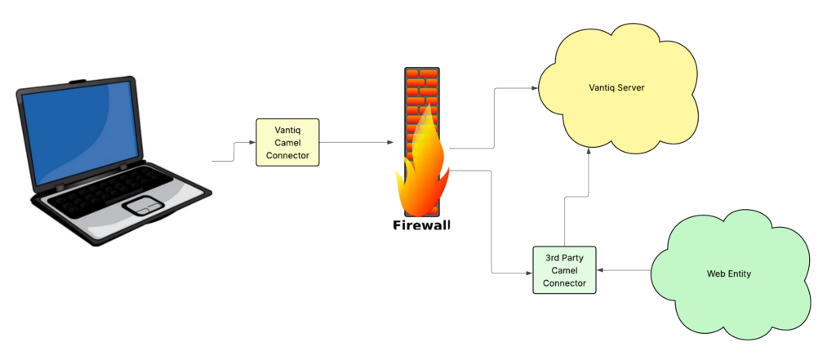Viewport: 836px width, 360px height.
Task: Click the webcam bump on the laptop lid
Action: pyautogui.click(x=77, y=82)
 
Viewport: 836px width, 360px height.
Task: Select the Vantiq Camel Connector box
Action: pyautogui.click(x=287, y=142)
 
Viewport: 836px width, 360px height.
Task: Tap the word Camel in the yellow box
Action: pyautogui.click(x=287, y=143)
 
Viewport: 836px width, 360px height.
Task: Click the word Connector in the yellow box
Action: pyautogui.click(x=287, y=155)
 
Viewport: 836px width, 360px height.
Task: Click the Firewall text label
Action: pyautogui.click(x=420, y=226)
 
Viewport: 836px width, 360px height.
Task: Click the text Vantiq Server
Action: pyautogui.click(x=617, y=87)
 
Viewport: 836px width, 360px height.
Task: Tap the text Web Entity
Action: pyautogui.click(x=728, y=274)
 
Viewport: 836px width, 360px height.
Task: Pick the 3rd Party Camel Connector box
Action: pyautogui.click(x=564, y=270)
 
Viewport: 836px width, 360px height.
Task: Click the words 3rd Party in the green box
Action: pyautogui.click(x=564, y=258)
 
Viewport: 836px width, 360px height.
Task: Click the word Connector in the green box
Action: pyautogui.click(x=564, y=283)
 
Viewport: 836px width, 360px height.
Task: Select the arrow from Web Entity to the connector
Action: pyautogui.click(x=624, y=271)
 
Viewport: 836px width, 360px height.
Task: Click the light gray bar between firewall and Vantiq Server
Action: pyautogui.click(x=493, y=159)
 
